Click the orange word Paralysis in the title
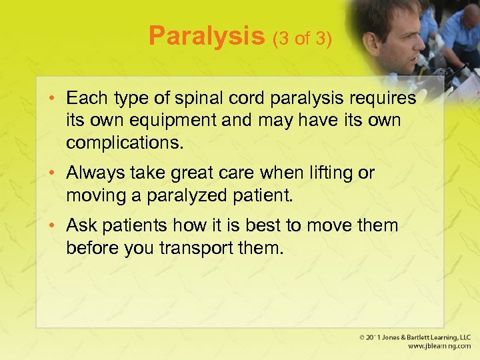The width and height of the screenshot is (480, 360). pyautogui.click(x=207, y=35)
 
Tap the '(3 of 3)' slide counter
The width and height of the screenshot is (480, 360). pyautogui.click(x=301, y=38)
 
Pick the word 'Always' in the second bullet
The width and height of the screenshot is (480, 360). pyautogui.click(x=94, y=173)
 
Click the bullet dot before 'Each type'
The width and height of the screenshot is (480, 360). pyautogui.click(x=55, y=99)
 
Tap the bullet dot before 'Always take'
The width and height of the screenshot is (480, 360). pyautogui.click(x=55, y=173)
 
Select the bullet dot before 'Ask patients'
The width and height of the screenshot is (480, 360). pyautogui.click(x=55, y=226)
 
